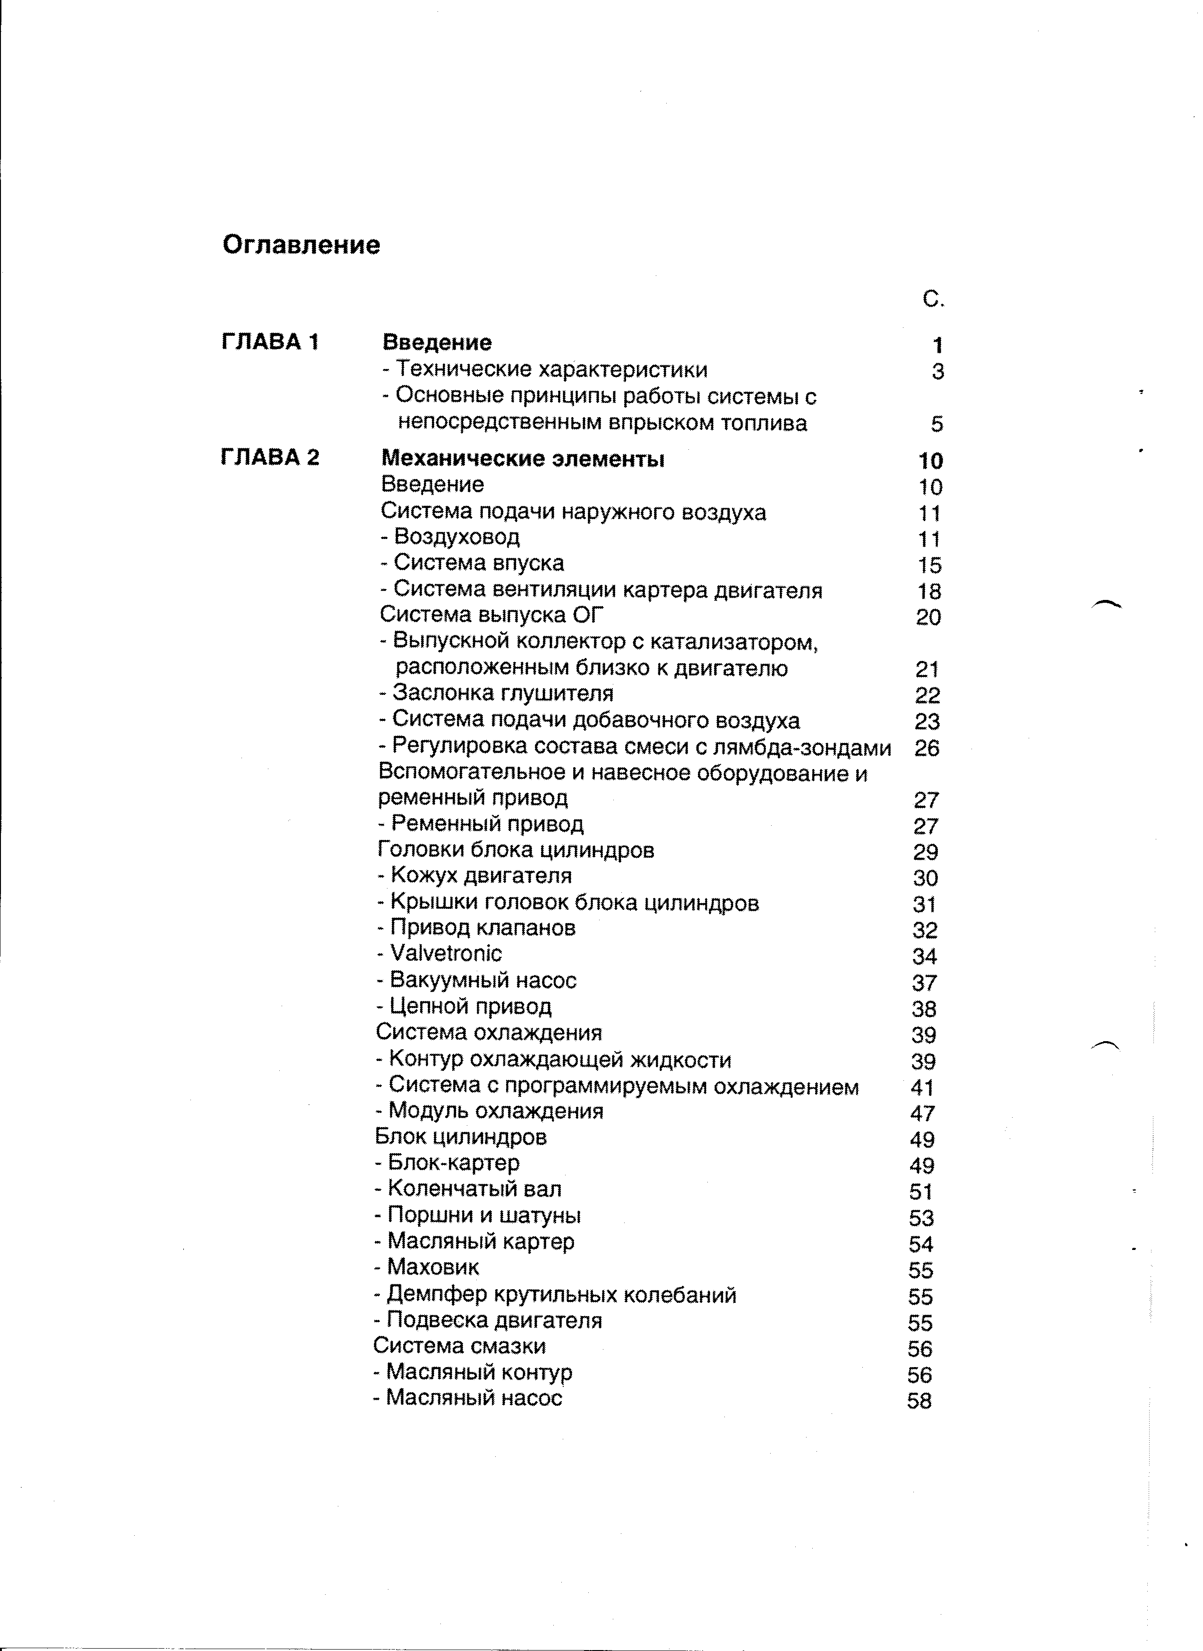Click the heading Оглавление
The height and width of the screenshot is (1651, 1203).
(x=301, y=245)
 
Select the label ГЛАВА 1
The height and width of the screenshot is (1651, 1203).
(x=269, y=342)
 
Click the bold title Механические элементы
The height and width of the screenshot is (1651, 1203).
(x=523, y=459)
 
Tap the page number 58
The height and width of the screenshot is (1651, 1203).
(x=919, y=1401)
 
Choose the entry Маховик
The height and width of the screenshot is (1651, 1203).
(x=432, y=1267)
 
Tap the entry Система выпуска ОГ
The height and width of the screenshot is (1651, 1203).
(x=492, y=615)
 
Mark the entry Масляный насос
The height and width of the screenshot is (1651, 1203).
(x=473, y=1398)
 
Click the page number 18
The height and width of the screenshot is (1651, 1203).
(x=930, y=591)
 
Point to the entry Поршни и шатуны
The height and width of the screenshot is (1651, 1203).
(x=483, y=1215)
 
